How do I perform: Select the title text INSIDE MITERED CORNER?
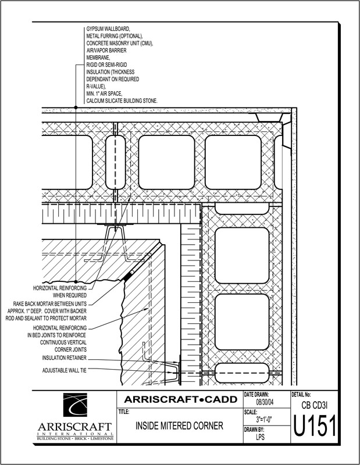180,426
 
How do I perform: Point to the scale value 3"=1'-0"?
266,419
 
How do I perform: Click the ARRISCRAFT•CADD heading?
179,399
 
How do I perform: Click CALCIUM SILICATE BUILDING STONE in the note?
122,101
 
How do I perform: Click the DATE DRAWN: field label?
256,394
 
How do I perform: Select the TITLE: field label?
124,411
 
